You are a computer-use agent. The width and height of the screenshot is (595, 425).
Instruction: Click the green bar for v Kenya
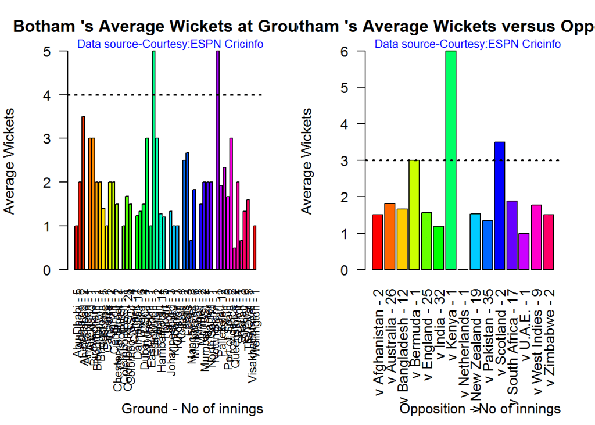[x=451, y=160]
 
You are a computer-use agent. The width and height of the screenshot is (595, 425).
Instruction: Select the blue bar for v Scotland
[x=499, y=206]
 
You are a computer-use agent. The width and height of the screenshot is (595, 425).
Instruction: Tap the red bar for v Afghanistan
[x=377, y=242]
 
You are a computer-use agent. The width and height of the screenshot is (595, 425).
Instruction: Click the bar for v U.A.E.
[x=524, y=251]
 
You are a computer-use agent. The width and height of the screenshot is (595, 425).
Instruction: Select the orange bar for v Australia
[x=390, y=237]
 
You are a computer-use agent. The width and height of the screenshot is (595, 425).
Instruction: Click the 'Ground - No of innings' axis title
[x=192, y=409]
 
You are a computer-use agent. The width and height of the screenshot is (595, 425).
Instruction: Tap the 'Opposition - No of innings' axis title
[x=480, y=409]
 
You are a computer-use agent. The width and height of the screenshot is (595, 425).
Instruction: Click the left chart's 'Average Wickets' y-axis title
[x=10, y=160]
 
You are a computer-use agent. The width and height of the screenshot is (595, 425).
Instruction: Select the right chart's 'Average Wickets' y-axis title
[x=307, y=160]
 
